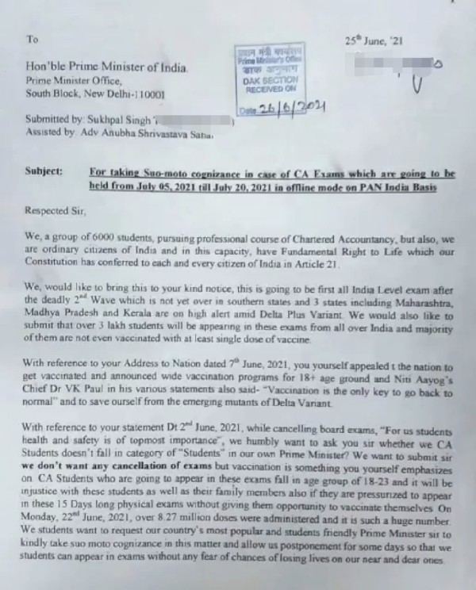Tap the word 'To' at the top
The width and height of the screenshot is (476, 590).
(32, 38)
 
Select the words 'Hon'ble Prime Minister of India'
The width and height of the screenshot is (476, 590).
(107, 68)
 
